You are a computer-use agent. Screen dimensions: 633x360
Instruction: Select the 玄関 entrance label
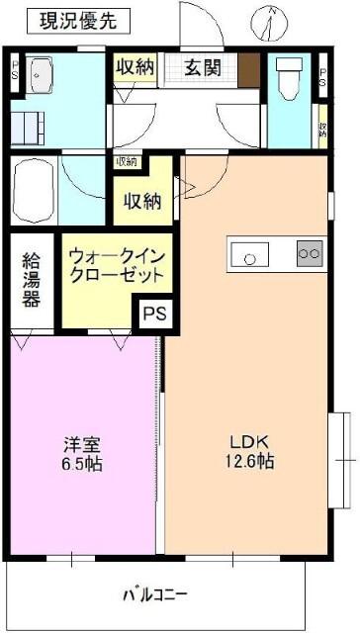click(208, 69)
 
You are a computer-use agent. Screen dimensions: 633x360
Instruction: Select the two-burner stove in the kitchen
click(310, 254)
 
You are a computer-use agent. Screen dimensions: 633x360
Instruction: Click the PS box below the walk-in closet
click(154, 314)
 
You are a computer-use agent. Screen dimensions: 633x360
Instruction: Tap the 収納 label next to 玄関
click(134, 68)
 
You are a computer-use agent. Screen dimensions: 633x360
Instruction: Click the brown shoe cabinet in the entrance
click(248, 70)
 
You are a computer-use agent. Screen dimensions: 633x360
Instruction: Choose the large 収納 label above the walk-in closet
click(141, 200)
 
